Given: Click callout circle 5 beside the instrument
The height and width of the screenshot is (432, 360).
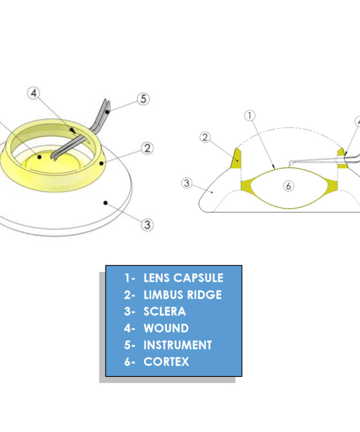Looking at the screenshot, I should click(143, 99).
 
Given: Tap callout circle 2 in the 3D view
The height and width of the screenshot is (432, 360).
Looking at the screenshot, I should click(147, 149).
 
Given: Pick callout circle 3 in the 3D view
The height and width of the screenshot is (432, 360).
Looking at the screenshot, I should click(147, 224).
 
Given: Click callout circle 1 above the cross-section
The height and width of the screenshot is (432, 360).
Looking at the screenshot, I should click(250, 115).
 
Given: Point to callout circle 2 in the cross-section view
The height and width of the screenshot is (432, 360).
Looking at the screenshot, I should click(205, 137).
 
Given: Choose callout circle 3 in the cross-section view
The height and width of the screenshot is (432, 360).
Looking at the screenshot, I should click(186, 183).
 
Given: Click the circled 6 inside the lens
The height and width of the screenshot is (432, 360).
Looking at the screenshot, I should click(288, 186).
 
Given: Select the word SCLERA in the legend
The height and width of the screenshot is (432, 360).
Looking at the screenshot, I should click(164, 312).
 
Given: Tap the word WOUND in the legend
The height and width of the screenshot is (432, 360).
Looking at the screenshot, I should click(166, 328).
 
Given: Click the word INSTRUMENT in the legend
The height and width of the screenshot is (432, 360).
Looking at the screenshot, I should click(177, 345).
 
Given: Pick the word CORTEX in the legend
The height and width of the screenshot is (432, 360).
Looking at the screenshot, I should click(166, 362).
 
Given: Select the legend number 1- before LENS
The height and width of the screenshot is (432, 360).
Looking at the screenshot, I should click(130, 278).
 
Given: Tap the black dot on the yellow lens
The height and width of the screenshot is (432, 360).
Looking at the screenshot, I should click(39, 157).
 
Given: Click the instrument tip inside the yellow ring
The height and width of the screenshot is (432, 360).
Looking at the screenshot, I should click(53, 158).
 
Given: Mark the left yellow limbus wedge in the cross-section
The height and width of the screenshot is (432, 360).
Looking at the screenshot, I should click(236, 158).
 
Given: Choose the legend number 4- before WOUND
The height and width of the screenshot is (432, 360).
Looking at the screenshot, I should click(130, 328).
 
